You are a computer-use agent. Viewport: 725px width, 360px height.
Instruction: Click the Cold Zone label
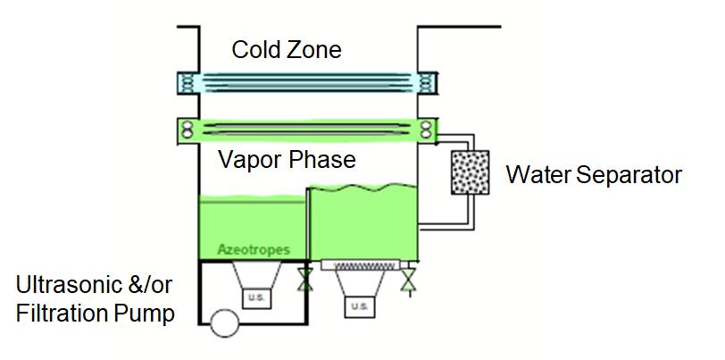click(286, 49)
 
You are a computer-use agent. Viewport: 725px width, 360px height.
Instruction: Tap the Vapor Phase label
click(287, 161)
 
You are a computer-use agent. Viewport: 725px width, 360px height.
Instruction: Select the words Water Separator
click(594, 174)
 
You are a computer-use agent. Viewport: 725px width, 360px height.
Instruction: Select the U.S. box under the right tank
click(360, 306)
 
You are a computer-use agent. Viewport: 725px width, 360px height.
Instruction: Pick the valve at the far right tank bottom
click(408, 280)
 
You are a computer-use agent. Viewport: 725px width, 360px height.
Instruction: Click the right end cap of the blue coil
click(427, 83)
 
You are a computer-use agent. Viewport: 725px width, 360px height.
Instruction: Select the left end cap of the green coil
click(188, 129)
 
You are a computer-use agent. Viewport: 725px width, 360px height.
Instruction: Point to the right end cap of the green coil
click(426, 129)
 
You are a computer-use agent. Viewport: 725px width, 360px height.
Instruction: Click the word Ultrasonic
click(68, 288)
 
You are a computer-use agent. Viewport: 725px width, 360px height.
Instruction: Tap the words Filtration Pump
click(95, 314)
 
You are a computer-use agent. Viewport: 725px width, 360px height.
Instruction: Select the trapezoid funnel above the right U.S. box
click(359, 284)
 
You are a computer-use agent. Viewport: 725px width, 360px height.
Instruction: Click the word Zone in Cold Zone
click(313, 49)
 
